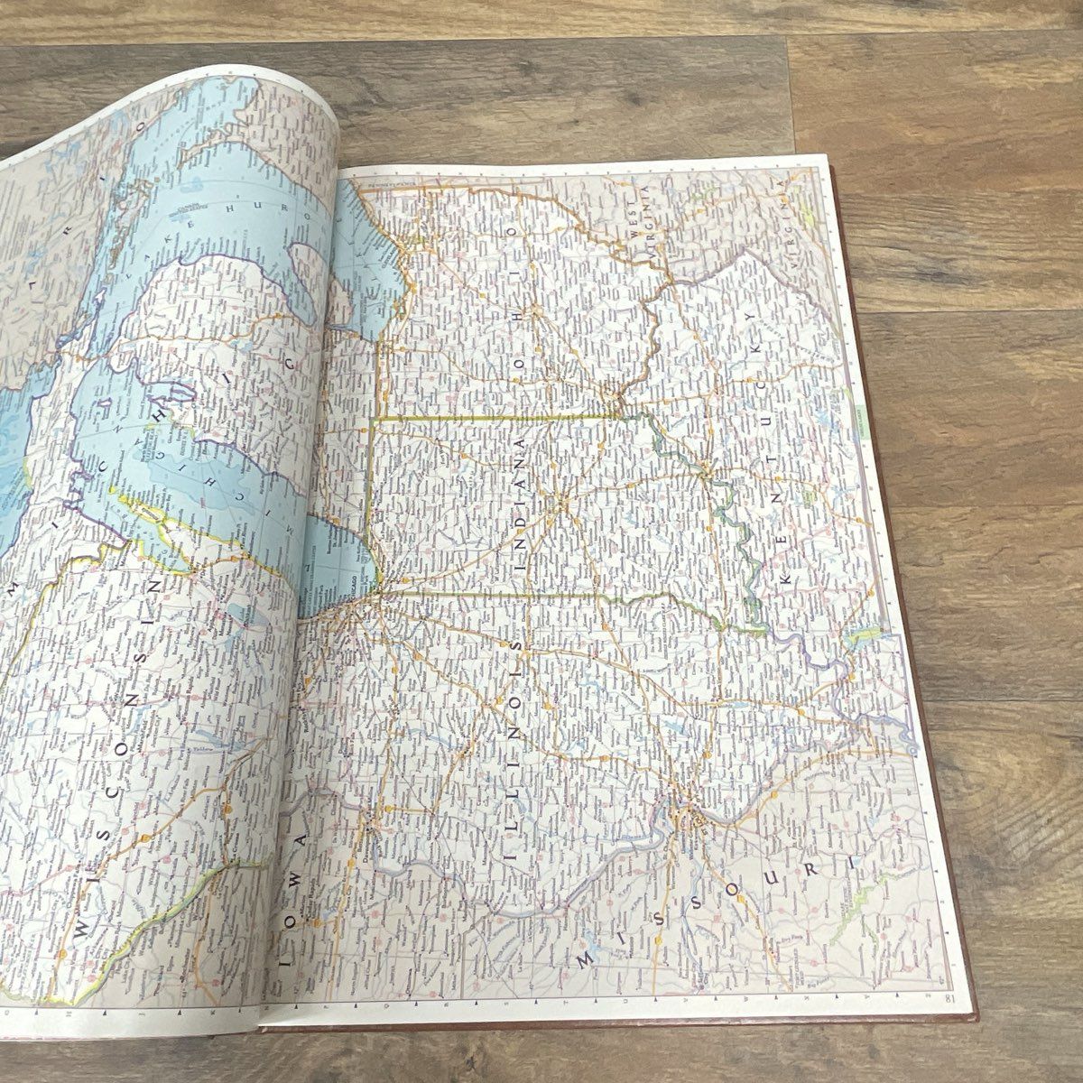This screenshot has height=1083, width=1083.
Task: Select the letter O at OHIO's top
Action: click(x=516, y=233)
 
